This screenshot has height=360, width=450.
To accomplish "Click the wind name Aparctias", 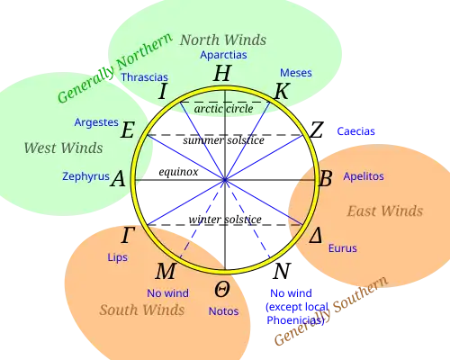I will (x=222, y=55).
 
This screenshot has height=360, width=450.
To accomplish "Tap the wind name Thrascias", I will (x=144, y=77).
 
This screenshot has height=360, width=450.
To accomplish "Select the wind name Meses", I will (x=296, y=73).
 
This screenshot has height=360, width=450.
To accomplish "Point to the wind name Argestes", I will (x=96, y=121).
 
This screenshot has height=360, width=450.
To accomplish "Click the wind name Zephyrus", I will (x=85, y=176).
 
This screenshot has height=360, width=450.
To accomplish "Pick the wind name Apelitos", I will (x=364, y=176).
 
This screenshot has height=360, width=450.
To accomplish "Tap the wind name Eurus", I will (x=343, y=248).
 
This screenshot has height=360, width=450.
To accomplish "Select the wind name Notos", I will (x=223, y=311).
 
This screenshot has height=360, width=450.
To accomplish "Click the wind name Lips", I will (x=117, y=257).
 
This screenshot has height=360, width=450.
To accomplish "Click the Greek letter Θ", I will (x=221, y=290).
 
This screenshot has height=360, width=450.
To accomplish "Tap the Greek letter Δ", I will (x=315, y=237).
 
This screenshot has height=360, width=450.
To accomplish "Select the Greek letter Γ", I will (x=129, y=236).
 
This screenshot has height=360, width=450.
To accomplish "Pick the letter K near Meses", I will (x=282, y=91).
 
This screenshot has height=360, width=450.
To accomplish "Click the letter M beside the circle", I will (x=166, y=272).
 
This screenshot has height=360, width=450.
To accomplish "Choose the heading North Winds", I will (x=222, y=40).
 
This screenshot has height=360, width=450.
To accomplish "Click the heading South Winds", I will (x=142, y=310).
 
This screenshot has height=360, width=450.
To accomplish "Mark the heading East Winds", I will (x=384, y=211).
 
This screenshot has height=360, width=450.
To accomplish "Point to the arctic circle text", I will (x=224, y=109).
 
